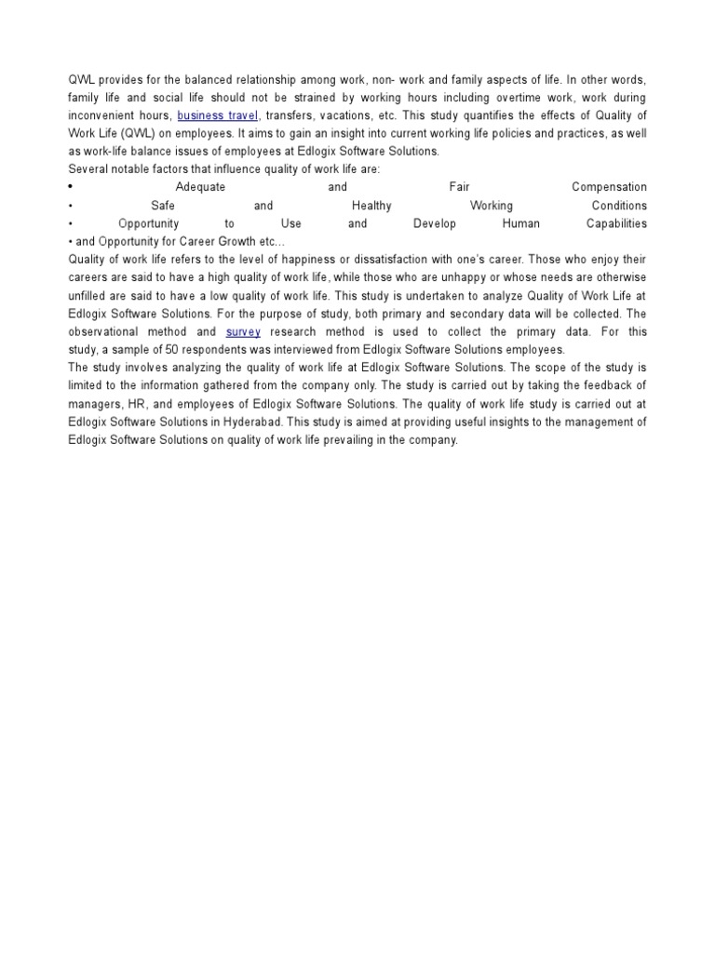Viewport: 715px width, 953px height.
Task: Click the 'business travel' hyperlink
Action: click(217, 115)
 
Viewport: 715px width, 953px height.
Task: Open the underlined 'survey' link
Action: click(243, 331)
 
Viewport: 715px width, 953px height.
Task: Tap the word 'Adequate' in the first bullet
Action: click(200, 187)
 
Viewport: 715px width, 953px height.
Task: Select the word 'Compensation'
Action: click(609, 187)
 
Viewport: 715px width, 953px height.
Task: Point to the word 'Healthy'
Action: click(371, 206)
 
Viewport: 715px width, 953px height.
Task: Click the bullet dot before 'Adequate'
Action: click(71, 187)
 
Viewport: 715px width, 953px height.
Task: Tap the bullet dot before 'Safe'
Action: click(71, 206)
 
